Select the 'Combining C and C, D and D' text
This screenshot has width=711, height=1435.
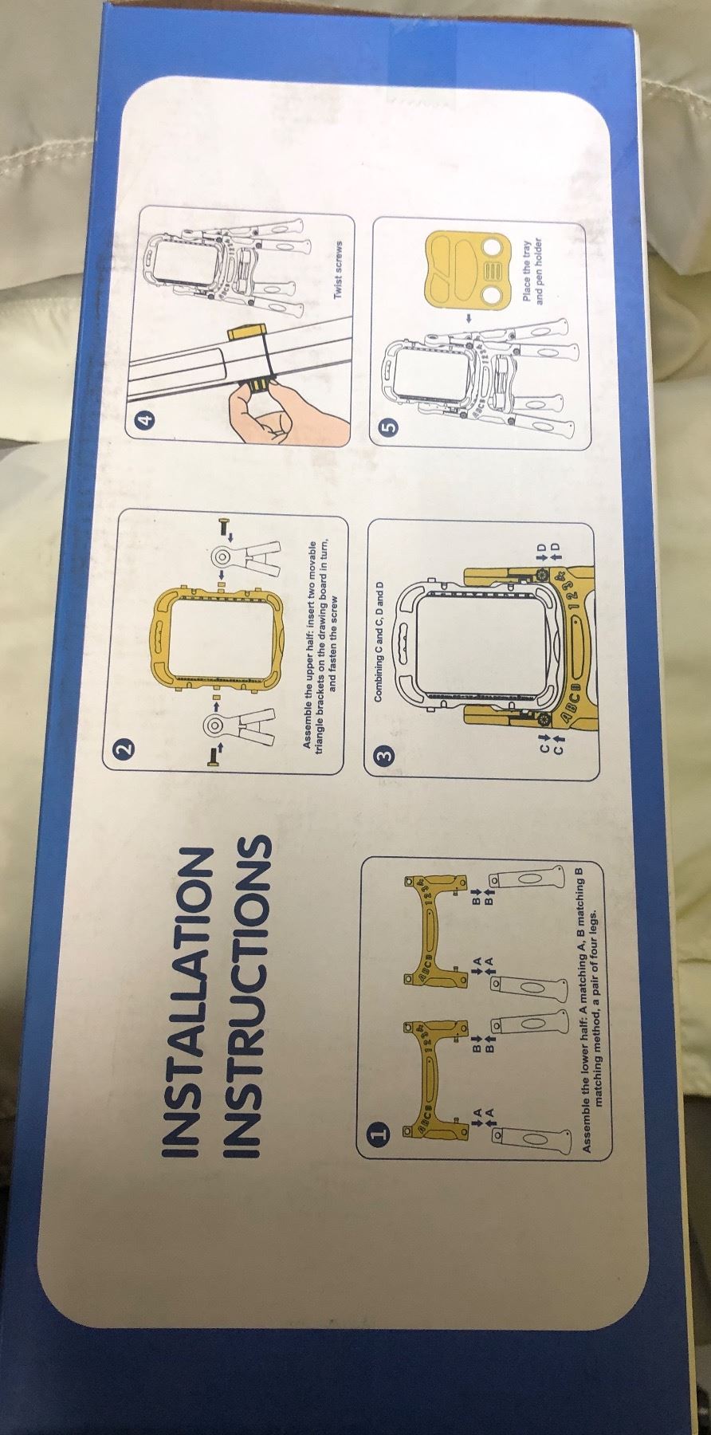379,635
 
